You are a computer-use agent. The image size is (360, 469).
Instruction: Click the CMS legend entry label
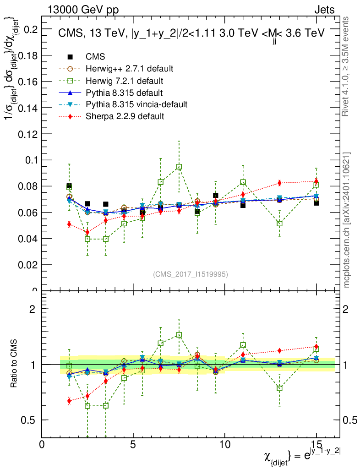point(96,57)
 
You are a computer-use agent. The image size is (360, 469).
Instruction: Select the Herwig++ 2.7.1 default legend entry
point(130,69)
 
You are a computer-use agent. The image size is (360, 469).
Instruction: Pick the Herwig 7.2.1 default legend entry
point(125,81)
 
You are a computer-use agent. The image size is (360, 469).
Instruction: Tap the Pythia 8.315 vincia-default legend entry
point(136,104)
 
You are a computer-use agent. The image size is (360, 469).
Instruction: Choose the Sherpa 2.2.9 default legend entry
point(125,116)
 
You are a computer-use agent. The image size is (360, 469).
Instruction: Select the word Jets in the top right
point(324,10)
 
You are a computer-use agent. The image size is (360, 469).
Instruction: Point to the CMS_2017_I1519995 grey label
point(191,274)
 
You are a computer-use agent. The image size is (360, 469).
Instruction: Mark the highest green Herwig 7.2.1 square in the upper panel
point(179,167)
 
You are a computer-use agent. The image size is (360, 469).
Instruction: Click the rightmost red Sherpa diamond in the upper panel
point(316,181)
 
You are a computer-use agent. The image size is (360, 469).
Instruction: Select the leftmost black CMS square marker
point(69,186)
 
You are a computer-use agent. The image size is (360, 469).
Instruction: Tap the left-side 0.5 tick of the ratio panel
point(31,420)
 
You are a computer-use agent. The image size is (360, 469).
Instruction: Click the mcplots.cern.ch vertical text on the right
point(347,220)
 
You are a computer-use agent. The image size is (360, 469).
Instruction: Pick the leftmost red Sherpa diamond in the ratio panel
point(69,401)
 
